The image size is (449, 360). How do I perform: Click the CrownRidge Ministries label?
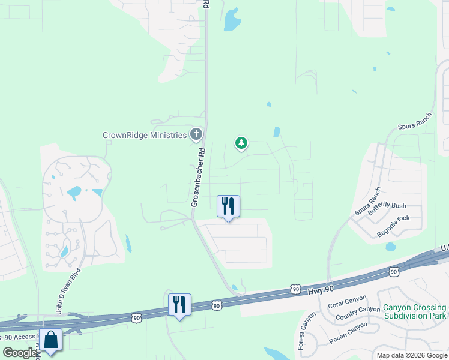pyautogui.click(x=144, y=135)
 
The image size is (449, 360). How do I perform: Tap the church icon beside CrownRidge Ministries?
pyautogui.click(x=196, y=134)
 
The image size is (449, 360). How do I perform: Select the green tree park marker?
pyautogui.click(x=241, y=143)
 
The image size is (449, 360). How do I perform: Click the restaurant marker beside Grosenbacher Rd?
pyautogui.click(x=228, y=206)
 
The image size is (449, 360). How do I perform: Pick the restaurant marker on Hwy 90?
pyautogui.click(x=179, y=304)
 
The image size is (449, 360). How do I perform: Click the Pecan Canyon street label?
pyautogui.click(x=349, y=334)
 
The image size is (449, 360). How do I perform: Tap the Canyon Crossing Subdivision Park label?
pyautogui.click(x=415, y=312)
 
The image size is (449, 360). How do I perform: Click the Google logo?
pyautogui.click(x=20, y=353)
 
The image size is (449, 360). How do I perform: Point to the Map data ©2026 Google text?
pyautogui.click(x=411, y=355)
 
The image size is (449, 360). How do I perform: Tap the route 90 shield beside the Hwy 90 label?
pyautogui.click(x=295, y=289)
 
